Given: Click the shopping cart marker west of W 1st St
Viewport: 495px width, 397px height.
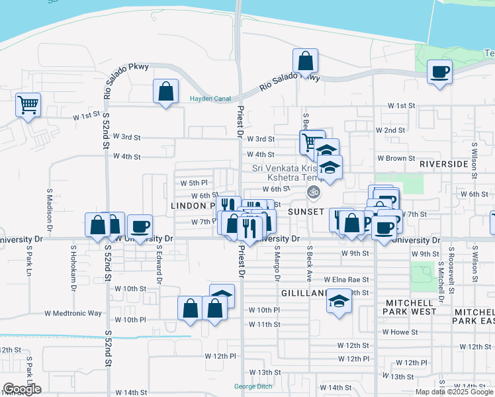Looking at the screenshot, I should pyautogui.click(x=28, y=105).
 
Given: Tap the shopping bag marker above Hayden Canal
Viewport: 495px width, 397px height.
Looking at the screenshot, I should pyautogui.click(x=166, y=91).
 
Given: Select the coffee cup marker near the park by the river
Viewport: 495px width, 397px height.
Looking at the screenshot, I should pyautogui.click(x=439, y=71).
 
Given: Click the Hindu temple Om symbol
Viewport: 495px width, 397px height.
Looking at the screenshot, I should pyautogui.click(x=314, y=193).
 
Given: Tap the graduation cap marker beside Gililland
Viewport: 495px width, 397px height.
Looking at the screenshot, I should pyautogui.click(x=339, y=302).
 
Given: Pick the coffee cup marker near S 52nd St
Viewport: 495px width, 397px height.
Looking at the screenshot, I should pyautogui.click(x=139, y=226).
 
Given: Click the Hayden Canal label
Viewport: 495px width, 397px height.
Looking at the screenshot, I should pyautogui.click(x=210, y=99).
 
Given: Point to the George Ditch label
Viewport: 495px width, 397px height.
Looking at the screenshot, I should pyautogui.click(x=253, y=386).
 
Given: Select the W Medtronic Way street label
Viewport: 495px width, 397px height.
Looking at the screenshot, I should pyautogui.click(x=73, y=313).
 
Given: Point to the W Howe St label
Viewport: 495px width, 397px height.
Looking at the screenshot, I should pyautogui.click(x=400, y=332).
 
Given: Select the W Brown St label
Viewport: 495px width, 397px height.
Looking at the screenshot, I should pyautogui.click(x=396, y=159).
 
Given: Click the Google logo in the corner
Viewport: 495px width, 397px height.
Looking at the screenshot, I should pyautogui.click(x=22, y=389).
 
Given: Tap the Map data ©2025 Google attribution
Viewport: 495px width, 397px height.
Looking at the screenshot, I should pyautogui.click(x=454, y=392).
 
